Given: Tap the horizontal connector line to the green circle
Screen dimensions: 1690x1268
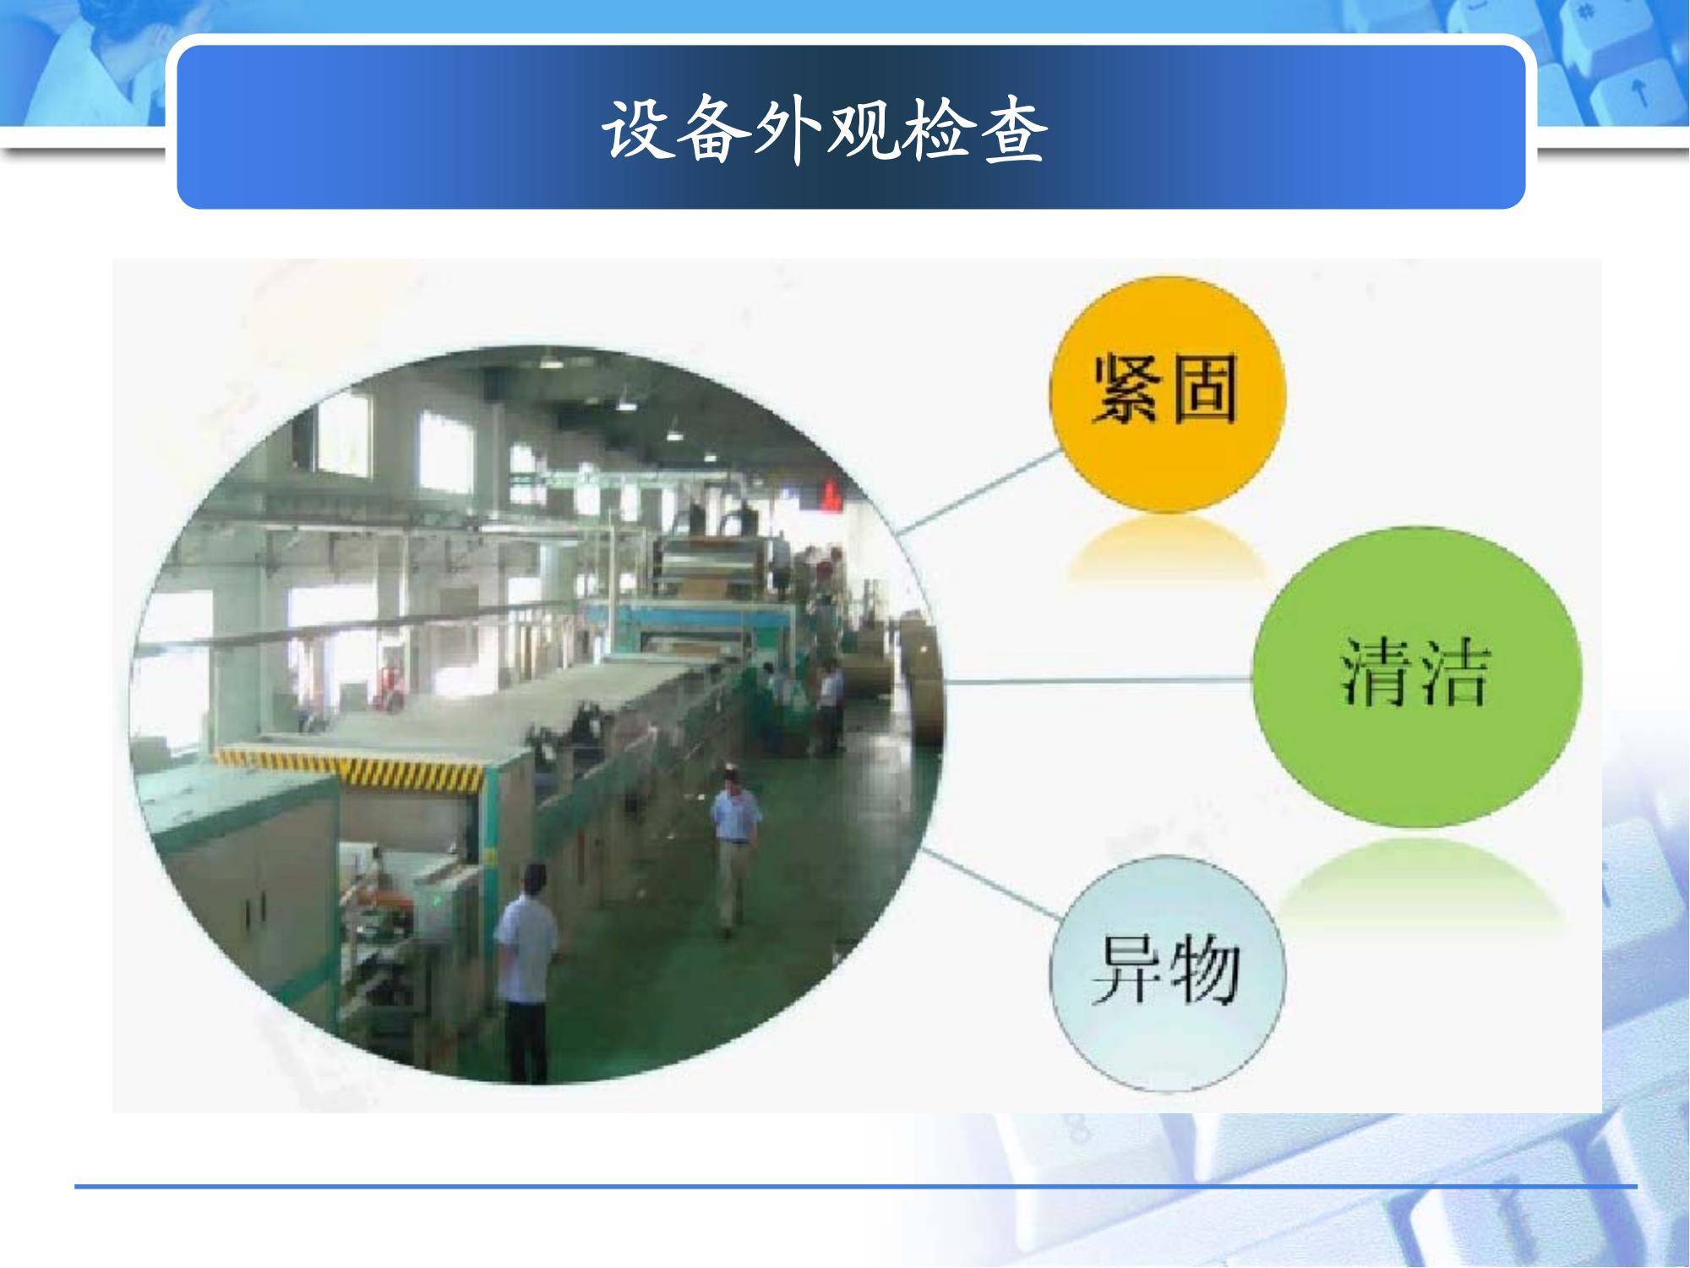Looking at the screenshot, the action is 1098,679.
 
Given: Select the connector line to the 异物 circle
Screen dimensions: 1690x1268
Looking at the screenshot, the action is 992,884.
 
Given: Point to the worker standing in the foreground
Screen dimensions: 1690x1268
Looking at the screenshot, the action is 525,972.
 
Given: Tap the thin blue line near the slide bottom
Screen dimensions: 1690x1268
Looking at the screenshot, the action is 855,1187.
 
